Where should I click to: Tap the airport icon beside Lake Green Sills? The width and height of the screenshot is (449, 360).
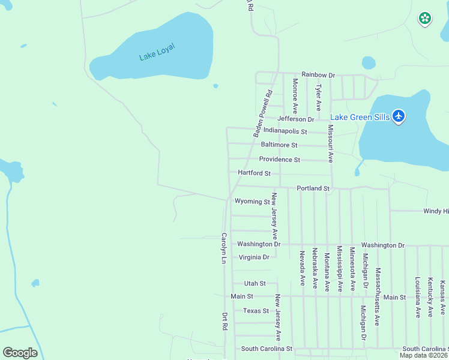[x=399, y=116]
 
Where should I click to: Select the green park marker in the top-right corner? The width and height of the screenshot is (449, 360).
[x=425, y=19]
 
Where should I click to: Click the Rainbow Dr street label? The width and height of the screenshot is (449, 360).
[x=318, y=75]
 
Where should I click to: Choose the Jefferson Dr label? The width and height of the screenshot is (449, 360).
[x=296, y=119]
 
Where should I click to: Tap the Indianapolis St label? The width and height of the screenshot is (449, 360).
[x=285, y=131]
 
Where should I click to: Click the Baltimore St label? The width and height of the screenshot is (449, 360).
[x=279, y=145]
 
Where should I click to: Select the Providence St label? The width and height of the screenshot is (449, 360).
[x=279, y=160]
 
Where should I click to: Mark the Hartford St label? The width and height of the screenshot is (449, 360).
[x=255, y=173]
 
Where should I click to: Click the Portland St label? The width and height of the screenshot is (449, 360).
[x=313, y=188]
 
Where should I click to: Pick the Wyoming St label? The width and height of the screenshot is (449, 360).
[x=252, y=202]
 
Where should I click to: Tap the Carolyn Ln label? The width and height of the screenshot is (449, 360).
[x=223, y=248]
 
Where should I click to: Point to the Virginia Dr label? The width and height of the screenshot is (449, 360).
[x=254, y=257]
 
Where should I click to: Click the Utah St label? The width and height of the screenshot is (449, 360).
[x=255, y=283]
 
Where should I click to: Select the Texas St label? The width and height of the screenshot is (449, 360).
[x=256, y=311]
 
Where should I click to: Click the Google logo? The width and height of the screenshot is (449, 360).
[x=20, y=353]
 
